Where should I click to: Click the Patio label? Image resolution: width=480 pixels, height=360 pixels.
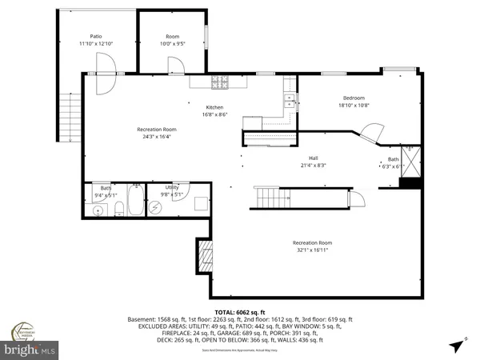(x=95, y=36)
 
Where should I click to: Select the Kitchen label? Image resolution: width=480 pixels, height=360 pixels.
(x=214, y=107)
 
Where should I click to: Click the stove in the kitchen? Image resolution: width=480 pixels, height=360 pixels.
(x=220, y=81)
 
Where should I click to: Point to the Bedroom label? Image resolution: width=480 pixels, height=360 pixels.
(x=354, y=97)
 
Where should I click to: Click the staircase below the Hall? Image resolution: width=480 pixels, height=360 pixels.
(x=270, y=197)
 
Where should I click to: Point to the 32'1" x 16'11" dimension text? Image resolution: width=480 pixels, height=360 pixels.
(x=312, y=250)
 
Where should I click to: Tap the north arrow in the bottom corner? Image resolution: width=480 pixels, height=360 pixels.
(x=456, y=346)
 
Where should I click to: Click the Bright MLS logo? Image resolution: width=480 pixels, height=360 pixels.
(x=30, y=350)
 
